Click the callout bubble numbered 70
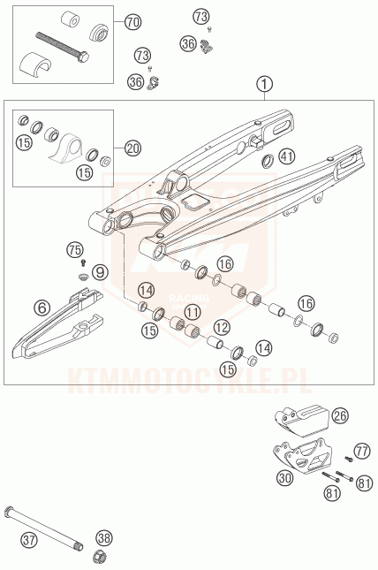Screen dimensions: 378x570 point(132,22)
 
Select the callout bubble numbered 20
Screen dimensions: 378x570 point(132,148)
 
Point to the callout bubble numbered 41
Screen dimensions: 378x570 point(287,156)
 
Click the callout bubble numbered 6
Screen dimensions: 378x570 point(42,308)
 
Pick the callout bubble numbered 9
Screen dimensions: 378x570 point(100,271)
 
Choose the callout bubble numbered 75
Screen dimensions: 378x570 point(75,250)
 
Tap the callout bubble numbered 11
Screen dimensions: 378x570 point(193,312)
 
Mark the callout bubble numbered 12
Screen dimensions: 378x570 point(222,328)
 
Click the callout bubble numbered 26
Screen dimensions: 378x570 point(340,415)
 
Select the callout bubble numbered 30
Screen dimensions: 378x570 point(285,478)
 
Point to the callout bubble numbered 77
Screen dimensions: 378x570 point(361,451)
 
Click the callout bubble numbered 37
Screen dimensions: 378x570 point(29,539)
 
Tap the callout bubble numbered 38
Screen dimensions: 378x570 point(104,538)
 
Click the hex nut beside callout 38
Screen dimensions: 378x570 point(99,557)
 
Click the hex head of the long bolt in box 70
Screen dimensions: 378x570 point(84,57)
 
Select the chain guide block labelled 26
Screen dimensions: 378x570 point(302,420)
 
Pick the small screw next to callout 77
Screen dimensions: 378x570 point(349,460)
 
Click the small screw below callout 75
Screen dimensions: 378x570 point(84,261)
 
